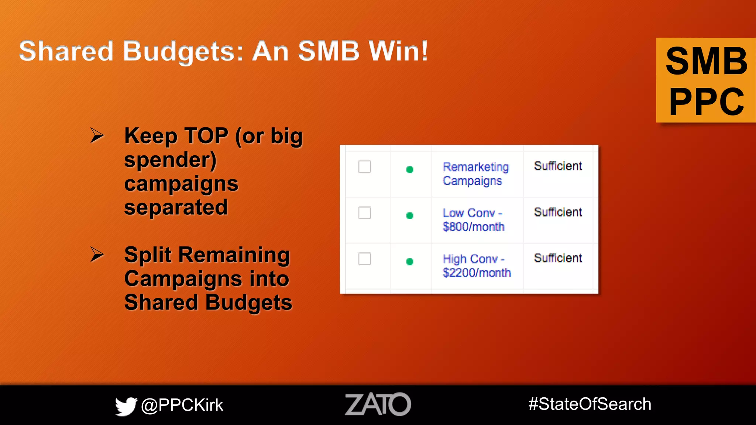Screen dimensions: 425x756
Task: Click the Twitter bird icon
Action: click(x=126, y=406)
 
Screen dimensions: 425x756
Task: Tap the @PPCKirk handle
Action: click(x=182, y=405)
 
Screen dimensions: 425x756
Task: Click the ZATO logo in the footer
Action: click(x=378, y=404)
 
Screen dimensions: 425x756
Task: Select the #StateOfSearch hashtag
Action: click(x=590, y=404)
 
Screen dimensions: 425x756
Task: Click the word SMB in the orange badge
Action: click(x=706, y=61)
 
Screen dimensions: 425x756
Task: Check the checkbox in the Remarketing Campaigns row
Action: click(x=365, y=167)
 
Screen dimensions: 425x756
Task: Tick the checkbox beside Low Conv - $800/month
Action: click(x=365, y=213)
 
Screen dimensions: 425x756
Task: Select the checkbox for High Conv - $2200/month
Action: click(x=365, y=259)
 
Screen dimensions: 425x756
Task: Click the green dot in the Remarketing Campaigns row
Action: click(x=410, y=170)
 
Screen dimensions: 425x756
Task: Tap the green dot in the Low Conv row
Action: click(x=410, y=216)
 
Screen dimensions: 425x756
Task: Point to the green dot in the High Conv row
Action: click(x=410, y=262)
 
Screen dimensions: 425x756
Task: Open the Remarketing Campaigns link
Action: click(x=475, y=174)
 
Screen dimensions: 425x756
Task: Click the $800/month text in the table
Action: click(x=474, y=227)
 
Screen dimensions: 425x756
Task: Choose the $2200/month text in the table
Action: click(x=477, y=273)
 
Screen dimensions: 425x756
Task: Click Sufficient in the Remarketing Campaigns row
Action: click(x=558, y=166)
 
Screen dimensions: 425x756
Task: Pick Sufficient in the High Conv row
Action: click(x=558, y=258)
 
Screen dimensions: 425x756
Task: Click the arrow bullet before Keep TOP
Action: click(x=97, y=135)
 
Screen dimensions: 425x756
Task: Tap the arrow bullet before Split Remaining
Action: click(x=97, y=255)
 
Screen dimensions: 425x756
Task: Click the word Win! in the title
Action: click(x=398, y=51)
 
